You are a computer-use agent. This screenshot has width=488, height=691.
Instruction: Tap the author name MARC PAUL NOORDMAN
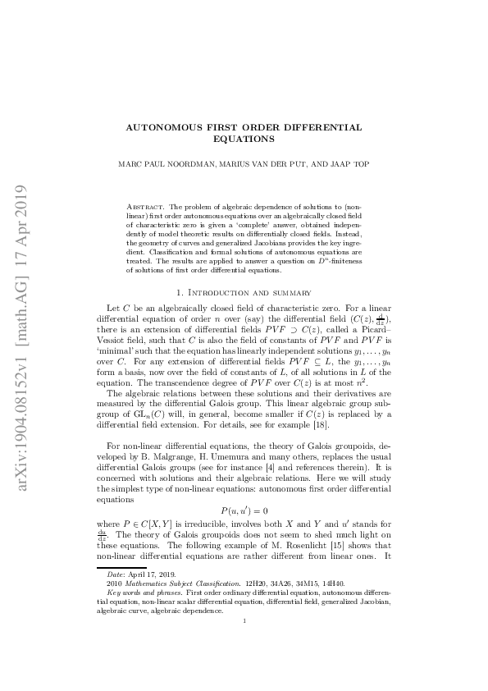coord(165,164)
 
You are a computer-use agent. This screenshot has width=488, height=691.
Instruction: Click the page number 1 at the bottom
coord(244,644)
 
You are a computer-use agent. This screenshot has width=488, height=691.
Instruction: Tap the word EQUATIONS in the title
coord(244,140)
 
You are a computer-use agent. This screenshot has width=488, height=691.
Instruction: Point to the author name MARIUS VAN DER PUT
coord(259,164)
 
